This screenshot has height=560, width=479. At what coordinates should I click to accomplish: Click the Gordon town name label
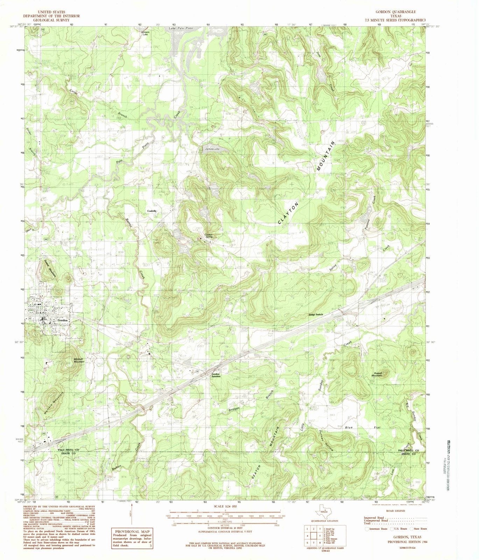pyautogui.click(x=63, y=320)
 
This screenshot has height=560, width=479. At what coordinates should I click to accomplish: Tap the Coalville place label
pyautogui.click(x=152, y=211)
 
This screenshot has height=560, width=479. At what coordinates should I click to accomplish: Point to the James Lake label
pyautogui.click(x=212, y=149)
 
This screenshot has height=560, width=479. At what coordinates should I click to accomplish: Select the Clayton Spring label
pyautogui.click(x=209, y=236)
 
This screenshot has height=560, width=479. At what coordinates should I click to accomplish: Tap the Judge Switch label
pyautogui.click(x=316, y=315)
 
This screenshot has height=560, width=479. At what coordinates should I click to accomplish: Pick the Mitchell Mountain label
pyautogui.click(x=79, y=360)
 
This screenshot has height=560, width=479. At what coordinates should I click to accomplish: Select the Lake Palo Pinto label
pyautogui.click(x=181, y=28)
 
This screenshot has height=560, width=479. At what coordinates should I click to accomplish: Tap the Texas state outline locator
pyautogui.click(x=324, y=513)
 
